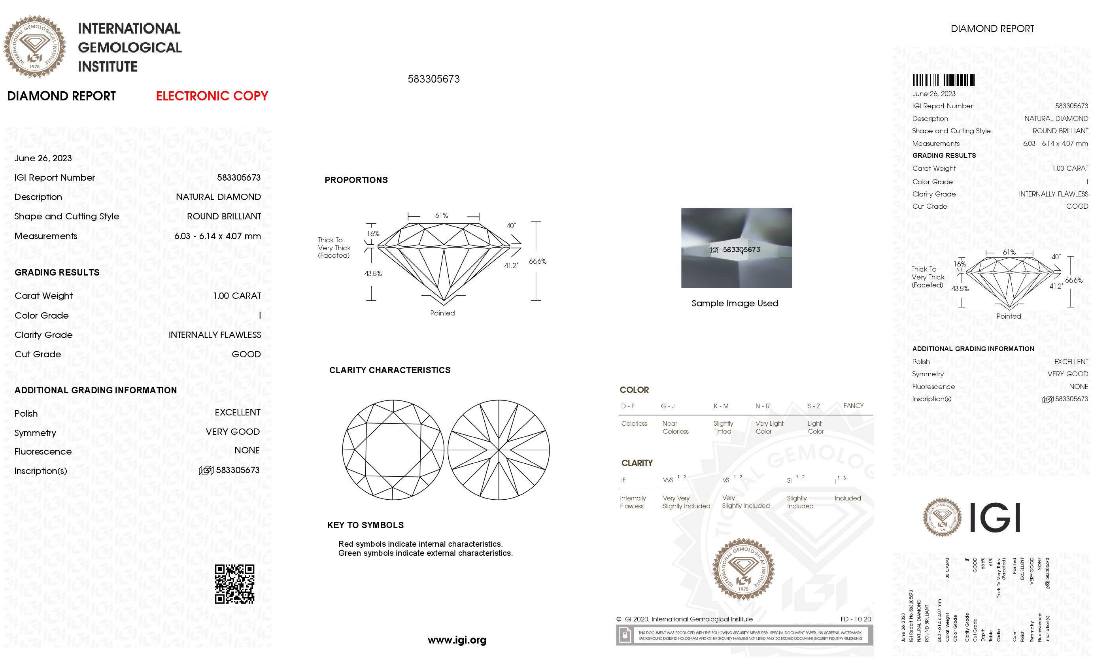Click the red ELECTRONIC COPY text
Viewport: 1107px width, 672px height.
pos(212,96)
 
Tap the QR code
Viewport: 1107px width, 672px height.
pos(234,583)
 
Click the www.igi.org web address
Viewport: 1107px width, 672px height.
pos(457,640)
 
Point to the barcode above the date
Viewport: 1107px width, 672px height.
pos(943,80)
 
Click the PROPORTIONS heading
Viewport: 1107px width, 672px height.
pos(356,180)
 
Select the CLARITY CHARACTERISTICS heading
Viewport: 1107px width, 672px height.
pos(389,370)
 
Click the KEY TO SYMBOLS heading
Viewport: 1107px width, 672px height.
pos(365,525)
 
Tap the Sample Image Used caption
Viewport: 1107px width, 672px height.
pos(735,303)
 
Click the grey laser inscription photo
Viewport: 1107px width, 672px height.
pos(736,247)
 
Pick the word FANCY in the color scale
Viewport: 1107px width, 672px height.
pos(853,406)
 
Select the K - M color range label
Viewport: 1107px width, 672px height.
pos(721,406)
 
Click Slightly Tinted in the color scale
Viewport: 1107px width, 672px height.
pos(723,428)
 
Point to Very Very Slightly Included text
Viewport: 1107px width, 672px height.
pos(686,502)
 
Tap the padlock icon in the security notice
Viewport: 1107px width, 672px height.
pos(625,635)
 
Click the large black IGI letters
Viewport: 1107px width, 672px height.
pos(995,517)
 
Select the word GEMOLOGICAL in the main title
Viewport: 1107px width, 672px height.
pos(130,47)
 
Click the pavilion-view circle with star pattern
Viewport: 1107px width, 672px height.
pos(498,450)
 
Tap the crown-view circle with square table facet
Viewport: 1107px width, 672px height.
pos(393,450)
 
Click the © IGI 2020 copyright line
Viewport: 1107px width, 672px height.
pos(684,619)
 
